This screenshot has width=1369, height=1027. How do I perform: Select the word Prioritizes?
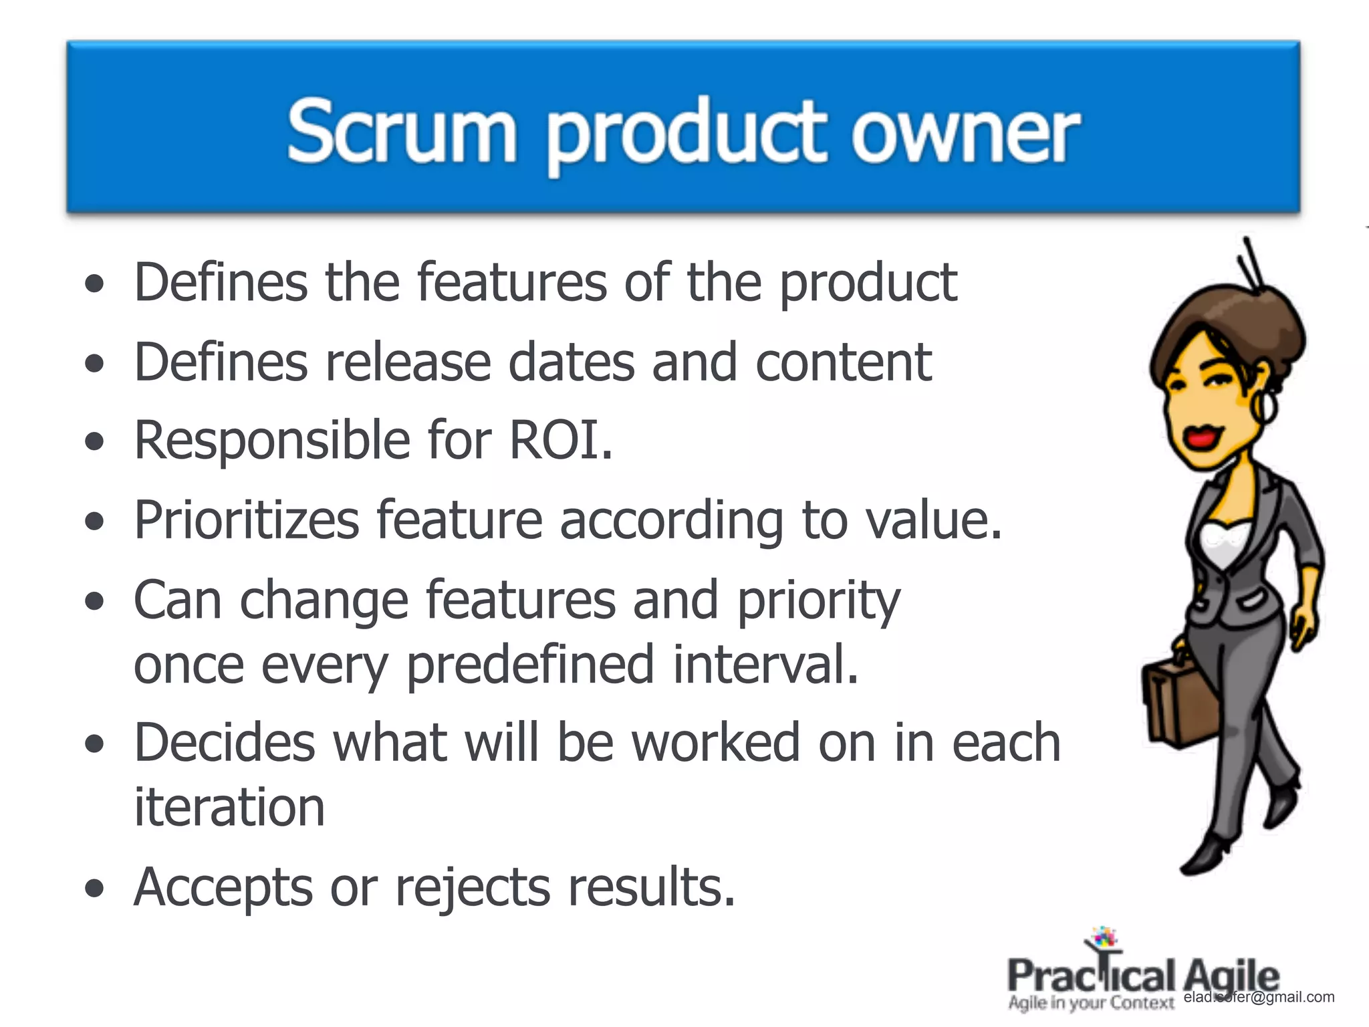click(246, 520)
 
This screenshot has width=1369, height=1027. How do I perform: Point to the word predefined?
click(530, 665)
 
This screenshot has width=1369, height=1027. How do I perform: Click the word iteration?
click(229, 807)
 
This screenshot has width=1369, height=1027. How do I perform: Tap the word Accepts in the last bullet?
click(223, 888)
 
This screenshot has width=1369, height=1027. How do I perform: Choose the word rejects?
click(472, 888)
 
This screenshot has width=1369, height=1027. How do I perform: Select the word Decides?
click(225, 743)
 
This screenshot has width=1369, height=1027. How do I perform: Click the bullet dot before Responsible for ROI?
click(95, 442)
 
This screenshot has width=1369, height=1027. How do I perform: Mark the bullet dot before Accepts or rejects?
click(95, 889)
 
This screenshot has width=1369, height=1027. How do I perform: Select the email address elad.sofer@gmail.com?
click(1259, 997)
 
